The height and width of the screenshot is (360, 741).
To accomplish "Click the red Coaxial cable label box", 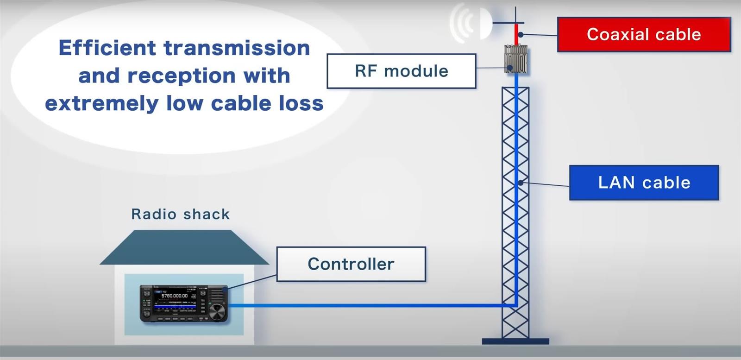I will click(x=644, y=34).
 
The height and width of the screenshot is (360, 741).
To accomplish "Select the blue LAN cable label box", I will click(x=644, y=183).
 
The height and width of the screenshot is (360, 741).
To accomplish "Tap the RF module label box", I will click(x=401, y=71).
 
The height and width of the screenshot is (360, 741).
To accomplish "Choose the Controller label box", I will click(x=351, y=264).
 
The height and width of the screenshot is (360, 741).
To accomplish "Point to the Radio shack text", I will click(x=181, y=214).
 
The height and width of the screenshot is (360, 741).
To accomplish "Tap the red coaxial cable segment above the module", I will click(x=516, y=34).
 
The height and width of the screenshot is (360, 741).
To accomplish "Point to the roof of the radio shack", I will click(x=184, y=248).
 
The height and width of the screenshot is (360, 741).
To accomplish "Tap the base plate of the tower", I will click(x=515, y=341).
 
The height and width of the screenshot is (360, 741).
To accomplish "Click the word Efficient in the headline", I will click(x=107, y=48).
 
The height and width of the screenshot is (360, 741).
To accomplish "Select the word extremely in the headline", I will click(x=101, y=103).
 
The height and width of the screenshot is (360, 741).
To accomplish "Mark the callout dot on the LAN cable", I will click(x=521, y=183).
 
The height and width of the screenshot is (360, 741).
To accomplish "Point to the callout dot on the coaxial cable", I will click(x=521, y=34).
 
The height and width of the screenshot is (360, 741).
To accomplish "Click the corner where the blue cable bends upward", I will click(x=515, y=305).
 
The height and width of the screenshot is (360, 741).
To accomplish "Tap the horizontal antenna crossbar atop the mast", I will click(x=508, y=22).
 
